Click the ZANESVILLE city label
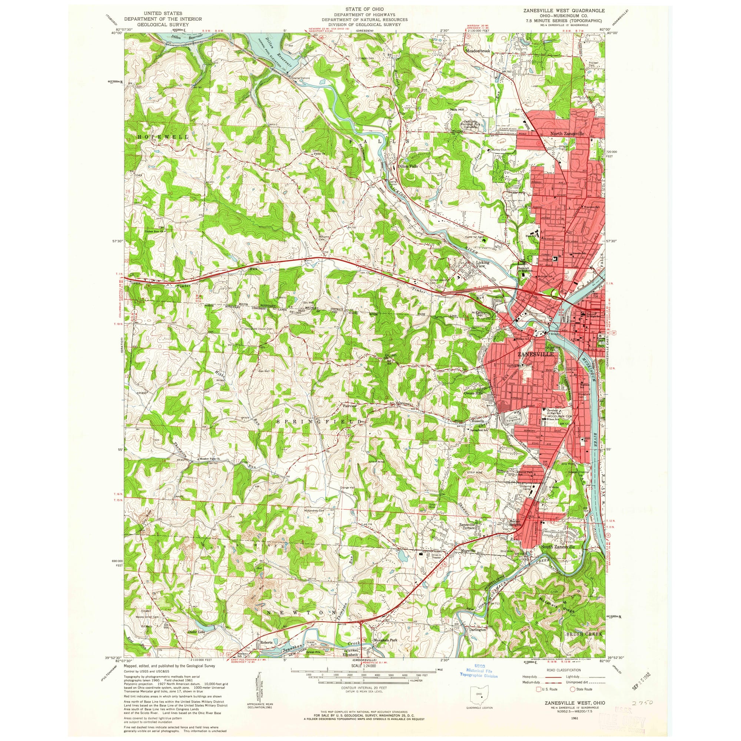(535, 355)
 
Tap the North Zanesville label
(567, 134)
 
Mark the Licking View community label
(482, 264)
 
